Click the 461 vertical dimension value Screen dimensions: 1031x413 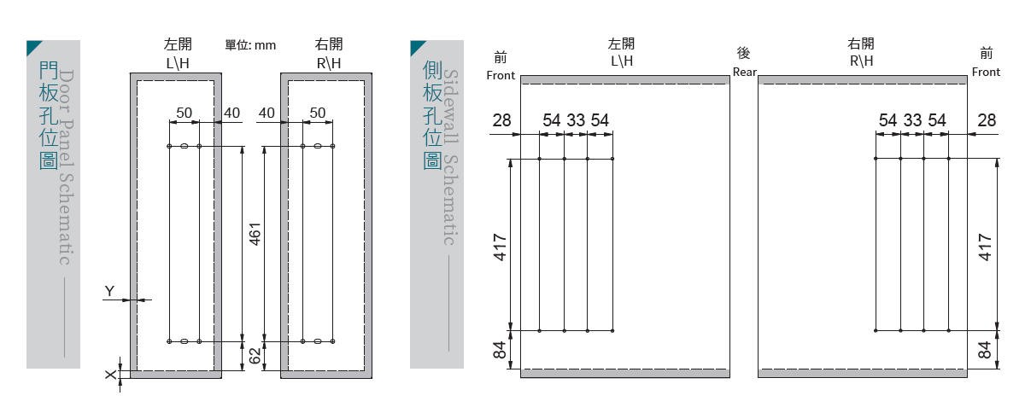click(255, 234)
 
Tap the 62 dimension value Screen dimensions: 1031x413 click(255, 356)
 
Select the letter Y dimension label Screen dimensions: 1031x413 click(109, 291)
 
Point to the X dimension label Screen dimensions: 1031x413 click(110, 375)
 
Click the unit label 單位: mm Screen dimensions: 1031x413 click(250, 45)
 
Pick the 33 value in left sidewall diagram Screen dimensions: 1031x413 click(576, 120)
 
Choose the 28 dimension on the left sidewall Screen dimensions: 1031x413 click(501, 120)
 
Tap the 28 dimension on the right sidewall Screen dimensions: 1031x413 click(987, 120)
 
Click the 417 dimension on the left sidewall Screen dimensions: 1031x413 click(500, 247)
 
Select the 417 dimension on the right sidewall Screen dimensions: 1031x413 click(985, 247)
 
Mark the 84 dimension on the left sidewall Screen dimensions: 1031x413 click(500, 350)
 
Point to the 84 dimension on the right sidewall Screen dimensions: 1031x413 click(985, 350)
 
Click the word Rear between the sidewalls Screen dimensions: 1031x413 click(745, 73)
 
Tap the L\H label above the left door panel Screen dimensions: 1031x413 click(178, 63)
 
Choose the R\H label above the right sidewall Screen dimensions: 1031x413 click(861, 61)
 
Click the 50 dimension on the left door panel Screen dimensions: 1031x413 click(185, 113)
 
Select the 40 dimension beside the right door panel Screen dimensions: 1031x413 click(267, 113)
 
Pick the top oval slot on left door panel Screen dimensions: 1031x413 click(185, 146)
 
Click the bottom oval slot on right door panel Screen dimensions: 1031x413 click(318, 341)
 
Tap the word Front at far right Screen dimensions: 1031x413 click(986, 73)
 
